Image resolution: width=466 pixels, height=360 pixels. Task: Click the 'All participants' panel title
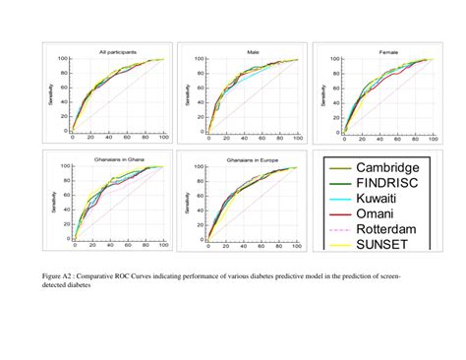(x=117, y=50)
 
